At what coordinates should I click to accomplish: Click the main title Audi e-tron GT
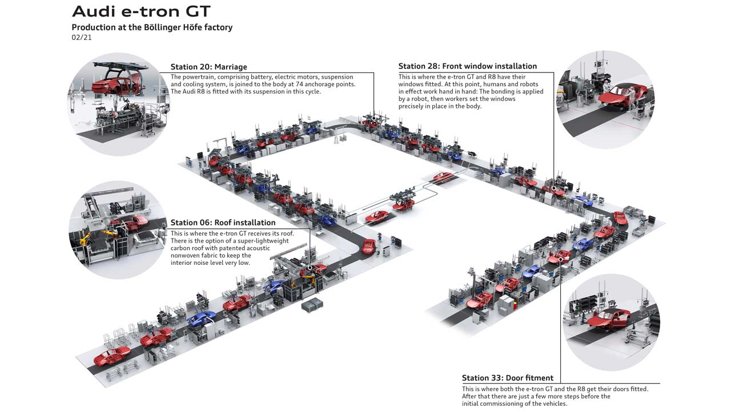141,11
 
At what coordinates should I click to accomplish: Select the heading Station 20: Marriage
208,67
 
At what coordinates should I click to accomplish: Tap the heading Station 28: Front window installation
467,66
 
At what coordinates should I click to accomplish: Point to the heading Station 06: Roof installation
223,223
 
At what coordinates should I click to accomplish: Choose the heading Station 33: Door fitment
507,378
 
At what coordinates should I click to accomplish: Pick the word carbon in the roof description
182,248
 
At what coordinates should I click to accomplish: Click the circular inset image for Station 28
605,99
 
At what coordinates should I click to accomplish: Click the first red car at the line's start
112,356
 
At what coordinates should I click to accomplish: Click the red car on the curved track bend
369,246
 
